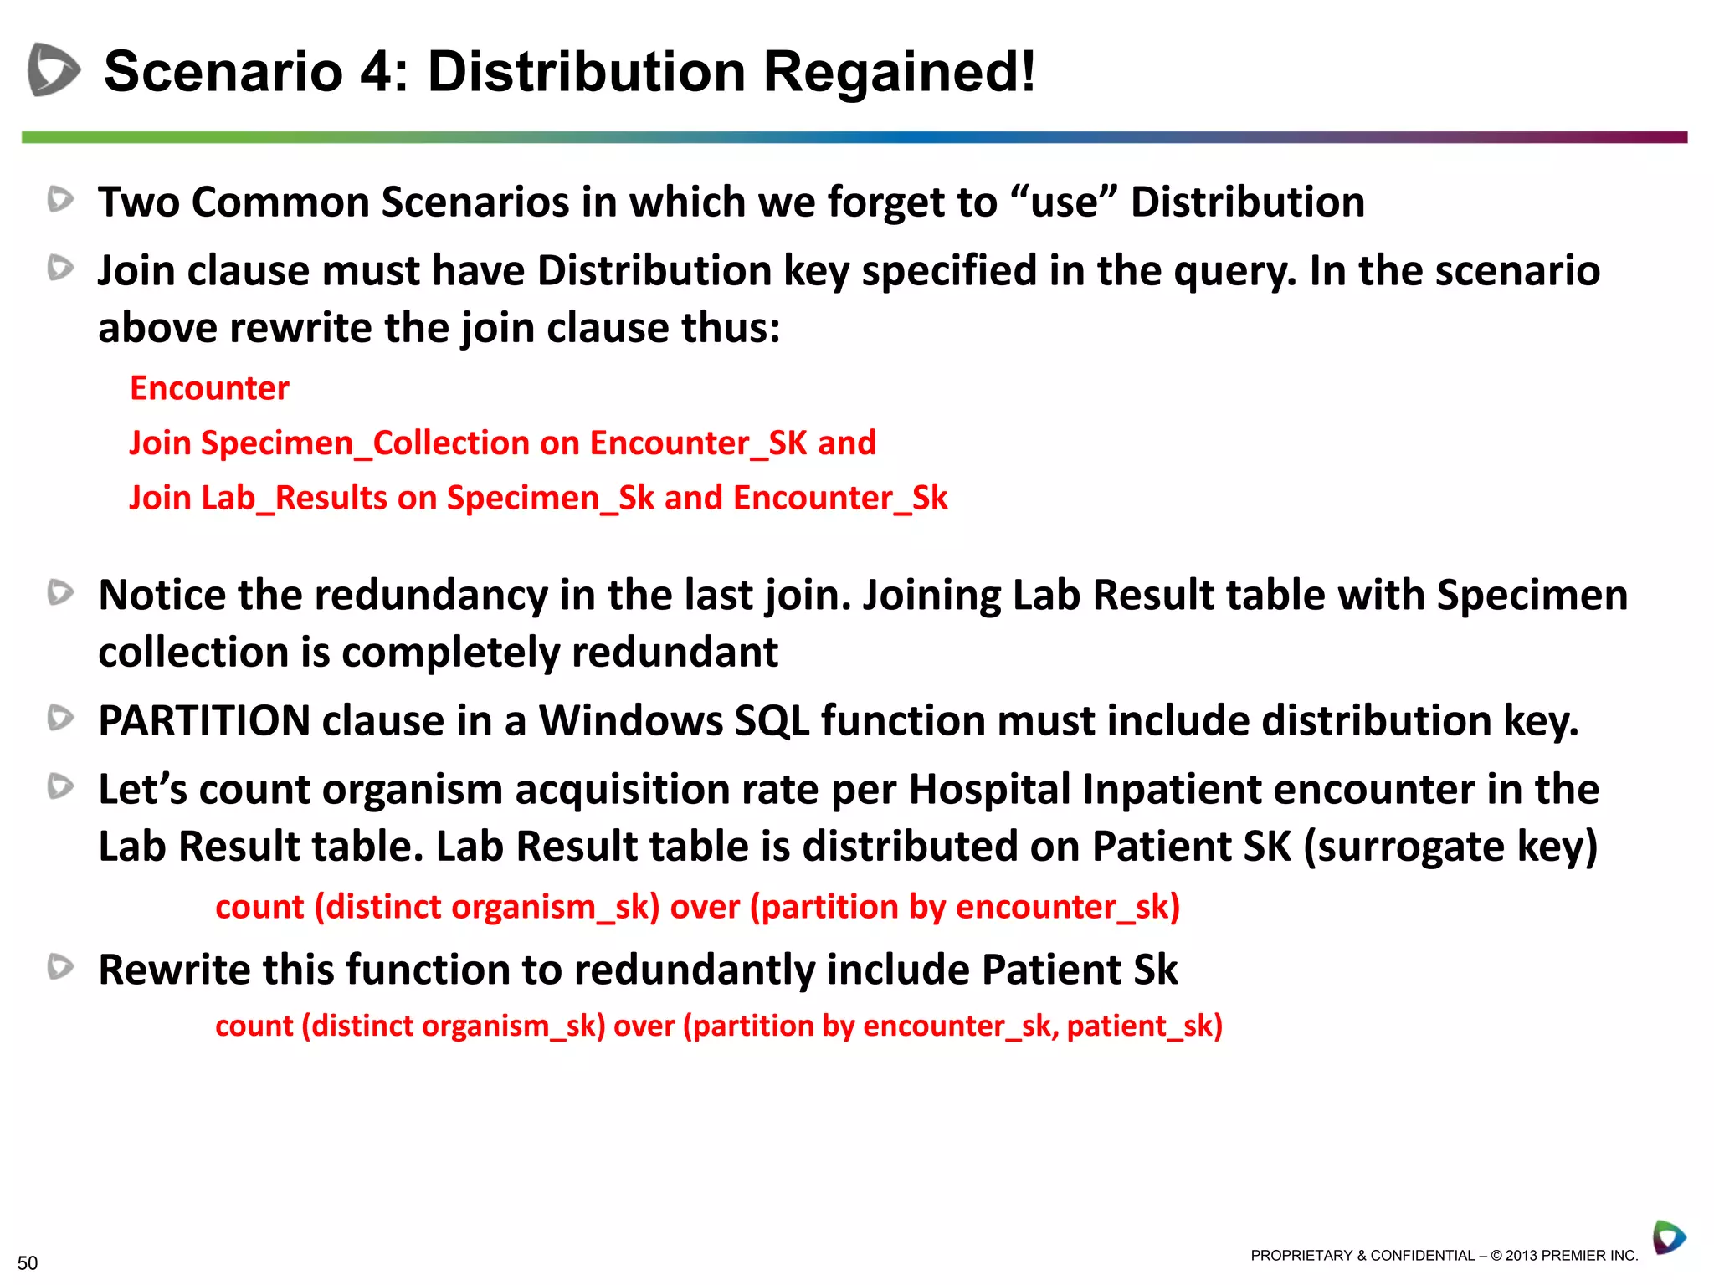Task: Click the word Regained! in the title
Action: click(899, 72)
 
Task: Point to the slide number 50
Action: click(28, 1262)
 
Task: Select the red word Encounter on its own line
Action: click(209, 388)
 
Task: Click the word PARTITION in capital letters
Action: click(204, 720)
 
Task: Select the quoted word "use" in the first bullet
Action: click(1064, 202)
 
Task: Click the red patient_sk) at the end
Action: click(1144, 1026)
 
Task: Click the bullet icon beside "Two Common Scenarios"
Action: click(60, 199)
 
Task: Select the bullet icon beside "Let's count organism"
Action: click(60, 786)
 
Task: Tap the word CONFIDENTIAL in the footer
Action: click(1422, 1256)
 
